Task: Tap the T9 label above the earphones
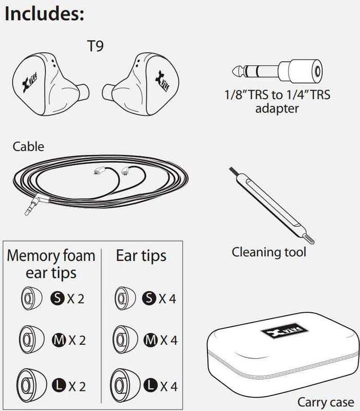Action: point(96,46)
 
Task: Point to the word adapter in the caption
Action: point(277,108)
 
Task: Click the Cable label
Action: point(28,146)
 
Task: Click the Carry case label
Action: point(326,401)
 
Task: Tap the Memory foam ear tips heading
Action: point(51,264)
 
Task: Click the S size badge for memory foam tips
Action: point(57,298)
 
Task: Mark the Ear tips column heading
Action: point(141,255)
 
